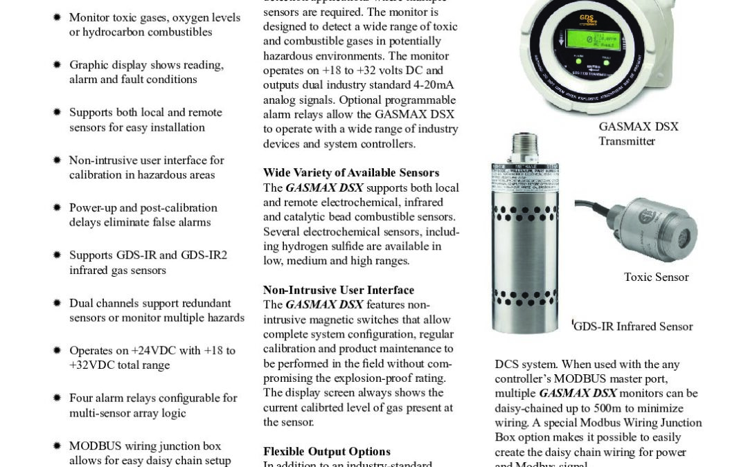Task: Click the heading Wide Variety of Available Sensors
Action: tap(351, 172)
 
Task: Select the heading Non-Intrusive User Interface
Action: tap(339, 290)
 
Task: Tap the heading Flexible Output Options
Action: tap(327, 451)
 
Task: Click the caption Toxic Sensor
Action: tap(656, 277)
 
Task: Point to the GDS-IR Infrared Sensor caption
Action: tap(634, 327)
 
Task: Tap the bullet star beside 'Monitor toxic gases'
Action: tap(57, 17)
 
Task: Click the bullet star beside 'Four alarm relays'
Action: tap(57, 399)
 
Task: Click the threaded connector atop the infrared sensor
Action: tap(524, 147)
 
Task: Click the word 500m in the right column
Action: tap(633, 408)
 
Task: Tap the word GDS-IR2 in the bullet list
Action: tap(204, 255)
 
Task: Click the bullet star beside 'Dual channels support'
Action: tap(57, 303)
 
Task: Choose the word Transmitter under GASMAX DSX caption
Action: tap(627, 141)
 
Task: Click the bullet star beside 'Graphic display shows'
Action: tap(57, 65)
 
